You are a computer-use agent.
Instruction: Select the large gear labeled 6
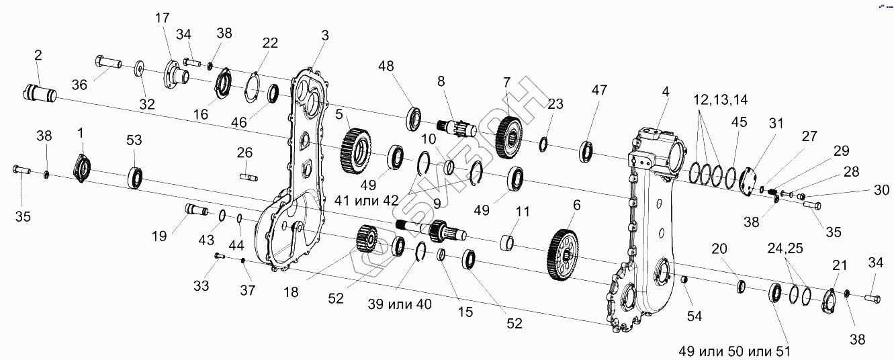[564, 255]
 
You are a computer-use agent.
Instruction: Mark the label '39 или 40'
[400, 304]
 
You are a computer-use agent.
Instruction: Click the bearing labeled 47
[584, 151]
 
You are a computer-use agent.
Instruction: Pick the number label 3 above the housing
[325, 35]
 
